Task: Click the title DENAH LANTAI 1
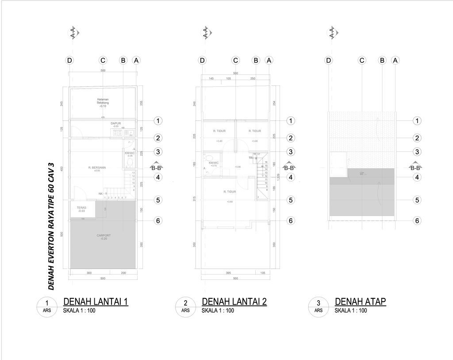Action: point(96,302)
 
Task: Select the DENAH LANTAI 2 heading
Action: point(234,302)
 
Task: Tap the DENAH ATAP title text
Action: point(361,302)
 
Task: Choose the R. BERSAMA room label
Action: point(97,168)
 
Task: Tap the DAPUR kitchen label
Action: point(116,124)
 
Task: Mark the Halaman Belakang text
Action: point(103,101)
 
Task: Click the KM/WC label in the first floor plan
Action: point(129,154)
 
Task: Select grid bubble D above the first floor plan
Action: point(69,60)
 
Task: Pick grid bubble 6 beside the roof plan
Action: point(417,221)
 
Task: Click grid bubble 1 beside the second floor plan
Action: point(291,120)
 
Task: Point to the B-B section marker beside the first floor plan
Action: point(157,168)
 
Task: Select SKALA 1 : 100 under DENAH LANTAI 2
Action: point(218,311)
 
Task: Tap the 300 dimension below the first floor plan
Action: point(89,273)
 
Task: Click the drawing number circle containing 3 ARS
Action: point(319,306)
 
